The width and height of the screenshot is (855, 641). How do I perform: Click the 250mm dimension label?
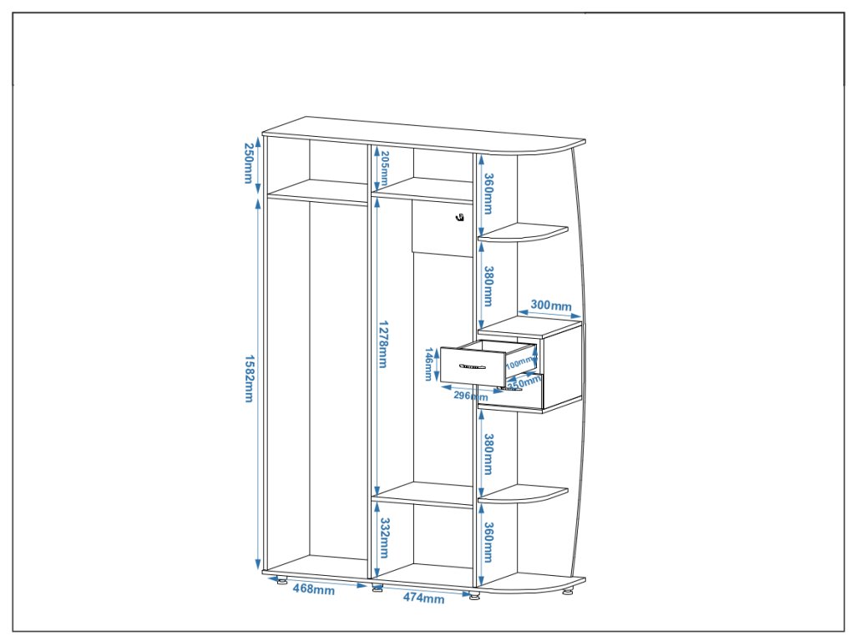pos(248,164)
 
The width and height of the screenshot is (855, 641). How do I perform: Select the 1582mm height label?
pos(248,379)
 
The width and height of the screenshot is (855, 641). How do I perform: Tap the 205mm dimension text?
pos(384,169)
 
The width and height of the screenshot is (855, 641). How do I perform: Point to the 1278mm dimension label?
pos(382,343)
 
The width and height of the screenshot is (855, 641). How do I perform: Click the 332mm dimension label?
pos(383,538)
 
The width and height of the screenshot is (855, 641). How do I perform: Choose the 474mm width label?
pos(424,598)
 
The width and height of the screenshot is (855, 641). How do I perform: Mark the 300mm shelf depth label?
pos(551,305)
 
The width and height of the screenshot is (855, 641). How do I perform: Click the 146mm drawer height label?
pos(427,365)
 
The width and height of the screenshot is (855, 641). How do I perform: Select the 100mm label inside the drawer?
pos(520,363)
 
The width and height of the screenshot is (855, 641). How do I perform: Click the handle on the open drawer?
pos(473,366)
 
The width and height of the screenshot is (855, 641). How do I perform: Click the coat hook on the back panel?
pos(459,218)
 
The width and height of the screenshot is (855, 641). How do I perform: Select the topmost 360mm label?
pos(488,193)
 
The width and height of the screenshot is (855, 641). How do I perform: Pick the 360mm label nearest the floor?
pos(488,542)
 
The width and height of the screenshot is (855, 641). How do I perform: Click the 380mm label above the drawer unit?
pos(488,286)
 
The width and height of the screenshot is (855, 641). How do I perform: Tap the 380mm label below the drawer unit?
pos(488,454)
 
